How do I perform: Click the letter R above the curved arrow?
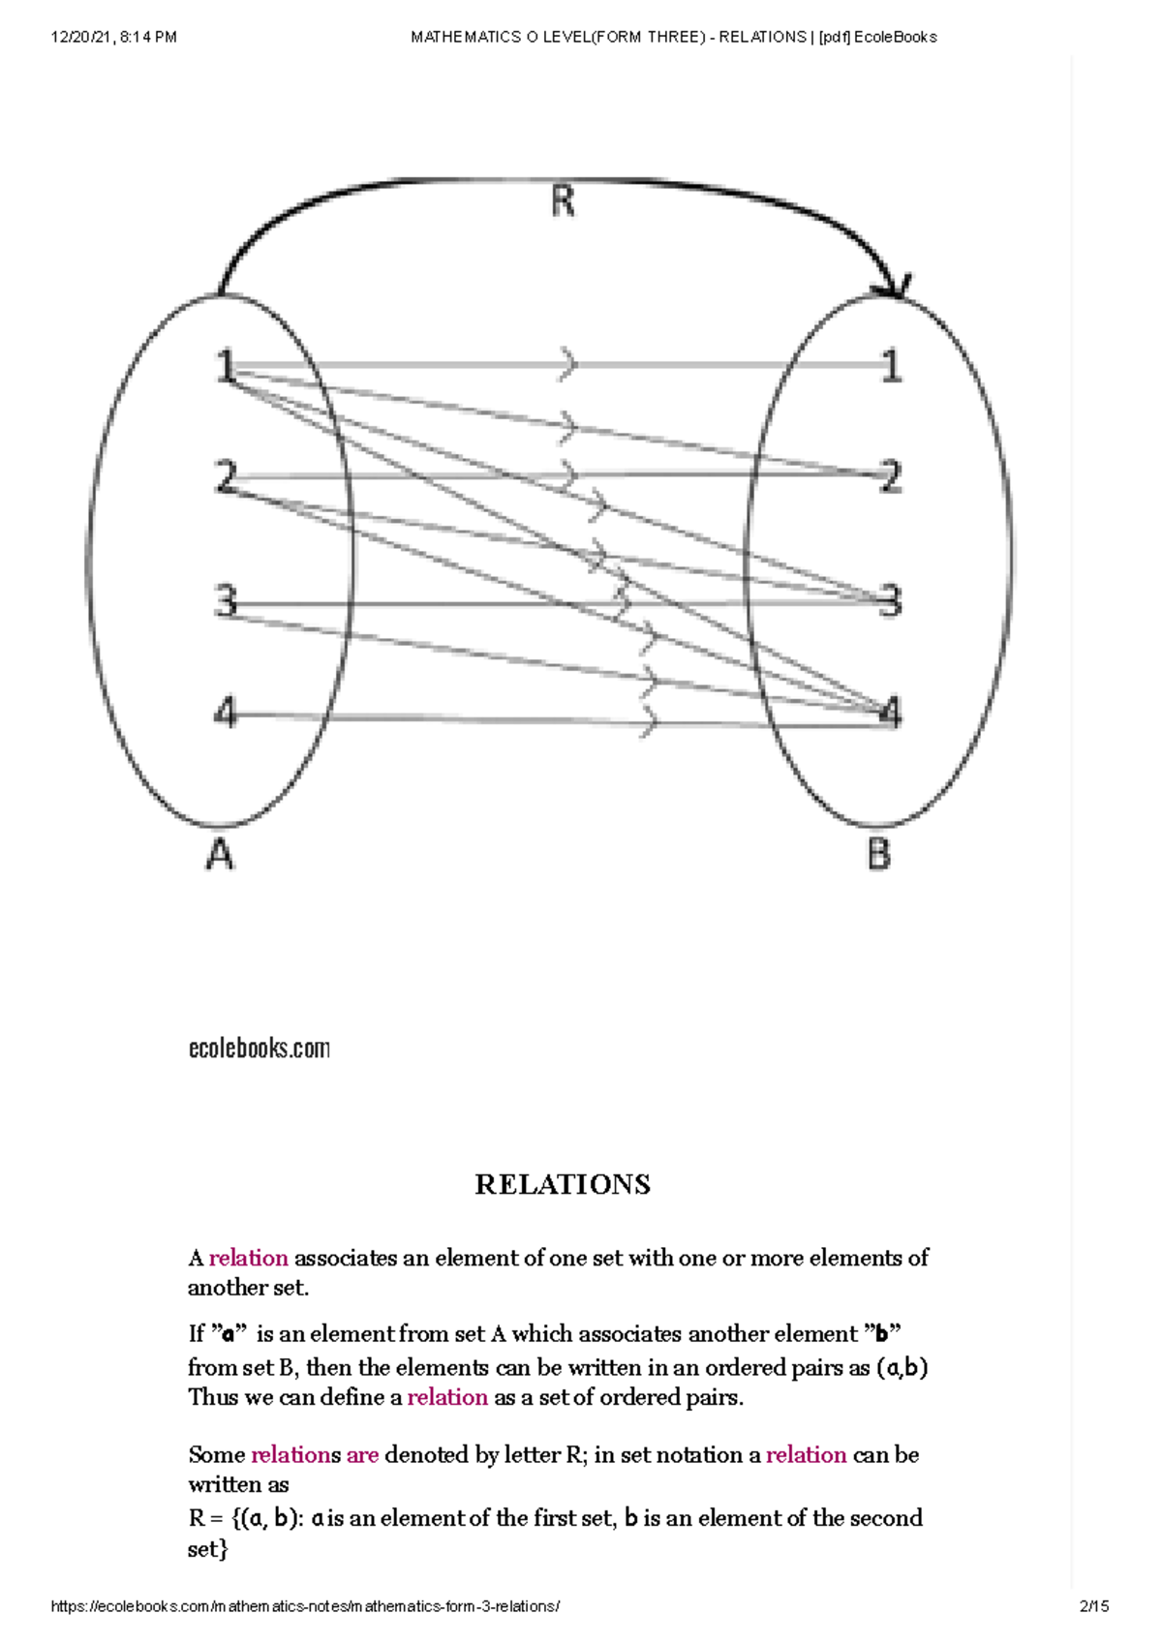coord(563,202)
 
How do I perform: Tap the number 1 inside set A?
coord(226,367)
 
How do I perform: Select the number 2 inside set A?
coord(226,477)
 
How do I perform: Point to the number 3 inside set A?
coord(226,601)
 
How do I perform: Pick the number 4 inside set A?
coord(225,714)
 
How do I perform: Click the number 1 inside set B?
coord(891,367)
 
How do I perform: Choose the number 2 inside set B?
coord(891,477)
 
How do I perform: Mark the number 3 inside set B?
coord(891,601)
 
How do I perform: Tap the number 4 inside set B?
coord(891,714)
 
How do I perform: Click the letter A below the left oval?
coord(220,855)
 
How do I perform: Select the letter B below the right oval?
coord(878,855)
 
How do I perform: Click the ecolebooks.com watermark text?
coord(259,1049)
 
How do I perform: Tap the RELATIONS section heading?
coord(563,1184)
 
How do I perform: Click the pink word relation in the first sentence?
coord(248,1258)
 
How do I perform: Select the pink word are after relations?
coord(362,1454)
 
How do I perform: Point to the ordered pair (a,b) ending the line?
coord(902,1368)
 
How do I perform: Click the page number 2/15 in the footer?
coord(1094,1606)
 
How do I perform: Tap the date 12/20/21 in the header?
coord(81,37)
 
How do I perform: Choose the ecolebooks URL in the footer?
coord(305,1606)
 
